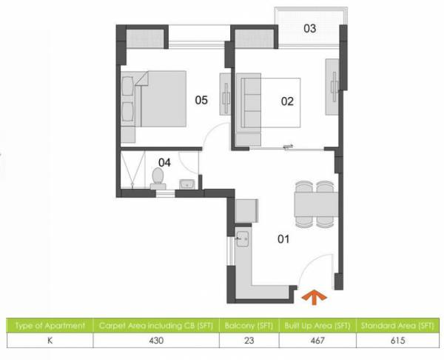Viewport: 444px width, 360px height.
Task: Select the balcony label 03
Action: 310,29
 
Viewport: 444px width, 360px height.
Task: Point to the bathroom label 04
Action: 166,161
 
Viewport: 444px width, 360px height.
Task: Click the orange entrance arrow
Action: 314,297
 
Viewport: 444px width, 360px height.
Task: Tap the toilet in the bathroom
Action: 157,177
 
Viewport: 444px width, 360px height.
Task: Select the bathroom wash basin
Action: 189,182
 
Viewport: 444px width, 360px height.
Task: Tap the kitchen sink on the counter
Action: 242,239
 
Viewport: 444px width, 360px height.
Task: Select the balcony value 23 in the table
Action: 250,341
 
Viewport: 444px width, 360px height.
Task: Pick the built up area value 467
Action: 317,341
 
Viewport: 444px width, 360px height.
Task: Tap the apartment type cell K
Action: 50,341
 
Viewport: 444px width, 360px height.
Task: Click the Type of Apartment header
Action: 50,326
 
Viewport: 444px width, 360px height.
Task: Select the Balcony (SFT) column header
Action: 250,326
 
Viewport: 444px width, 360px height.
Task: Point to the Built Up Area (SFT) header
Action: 317,326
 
